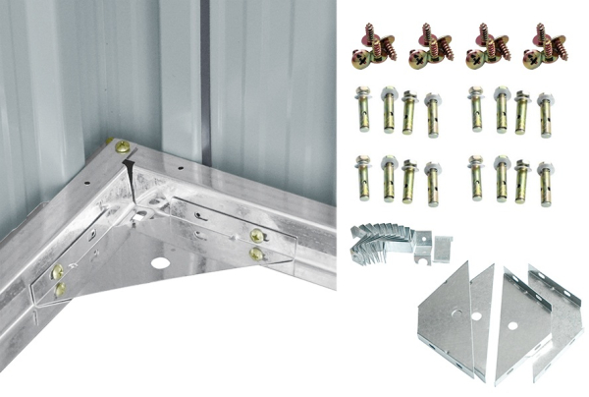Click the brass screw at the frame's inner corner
[x=122, y=147]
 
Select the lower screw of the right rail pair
[x=256, y=254]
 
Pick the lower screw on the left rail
[x=61, y=289]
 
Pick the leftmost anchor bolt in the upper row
[x=363, y=110]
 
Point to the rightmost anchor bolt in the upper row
[x=545, y=113]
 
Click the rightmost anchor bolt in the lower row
[x=545, y=181]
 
